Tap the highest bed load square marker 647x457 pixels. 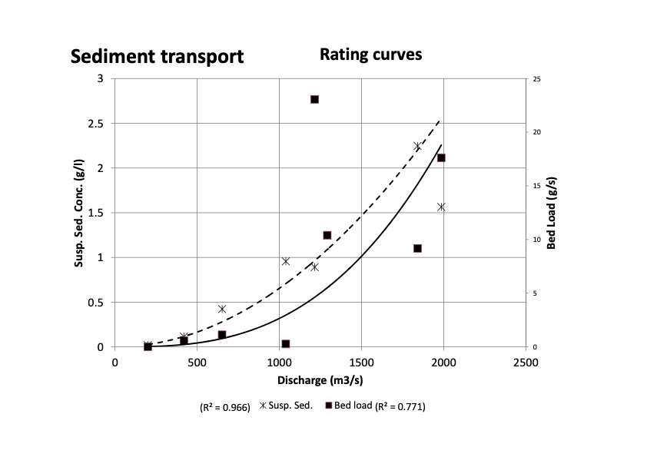(314, 99)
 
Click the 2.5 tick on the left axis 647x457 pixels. (98, 123)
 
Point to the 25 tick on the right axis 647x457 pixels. (536, 78)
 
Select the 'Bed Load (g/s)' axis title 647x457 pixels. (551, 213)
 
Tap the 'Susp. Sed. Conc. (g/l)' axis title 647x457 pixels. (79, 213)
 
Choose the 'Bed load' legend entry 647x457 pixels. (354, 406)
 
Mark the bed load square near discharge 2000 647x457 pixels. (441, 157)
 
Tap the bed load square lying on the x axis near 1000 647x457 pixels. (286, 344)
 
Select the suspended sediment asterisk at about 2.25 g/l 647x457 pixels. (418, 146)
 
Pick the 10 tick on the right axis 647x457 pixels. (536, 240)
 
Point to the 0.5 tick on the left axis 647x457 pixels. (98, 303)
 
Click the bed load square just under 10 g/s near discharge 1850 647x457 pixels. (417, 248)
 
